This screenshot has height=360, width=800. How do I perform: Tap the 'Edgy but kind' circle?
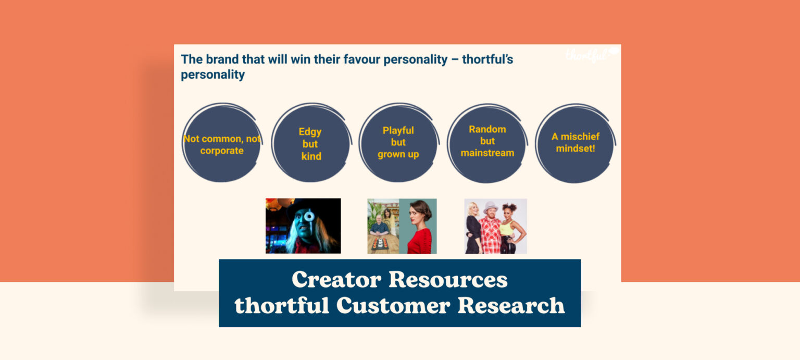311,143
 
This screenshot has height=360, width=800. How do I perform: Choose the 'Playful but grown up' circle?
398,142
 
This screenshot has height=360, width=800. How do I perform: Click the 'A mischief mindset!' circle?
576,142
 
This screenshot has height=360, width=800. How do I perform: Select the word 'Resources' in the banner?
448,280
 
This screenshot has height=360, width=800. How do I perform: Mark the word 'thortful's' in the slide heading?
487,59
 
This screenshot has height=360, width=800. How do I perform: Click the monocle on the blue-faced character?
309,216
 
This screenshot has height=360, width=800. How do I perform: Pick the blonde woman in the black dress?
474,229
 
